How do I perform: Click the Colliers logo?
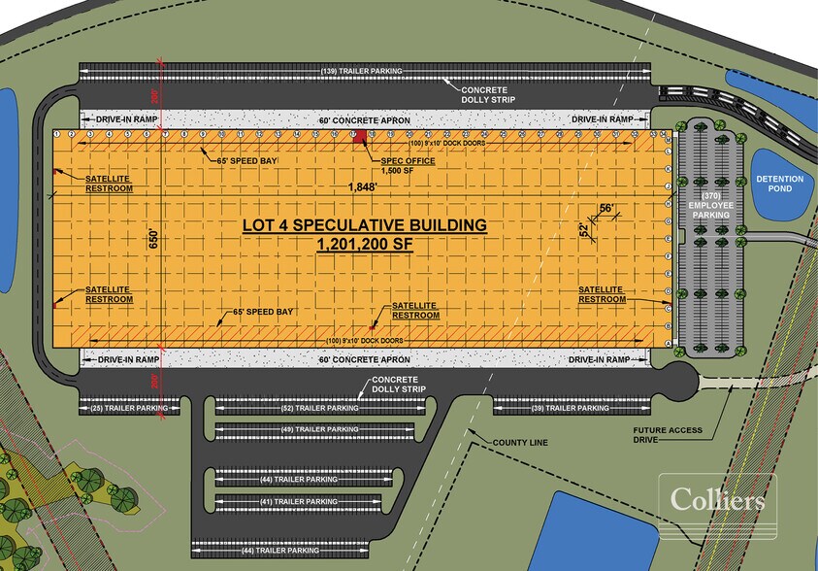tap(717, 501)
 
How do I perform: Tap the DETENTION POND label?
tap(781, 183)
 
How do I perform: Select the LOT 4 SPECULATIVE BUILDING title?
tap(364, 225)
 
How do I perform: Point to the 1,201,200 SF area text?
tap(364, 246)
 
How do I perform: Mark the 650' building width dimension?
tap(152, 239)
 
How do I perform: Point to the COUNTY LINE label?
tap(520, 443)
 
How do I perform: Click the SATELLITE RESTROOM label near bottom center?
tap(414, 310)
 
